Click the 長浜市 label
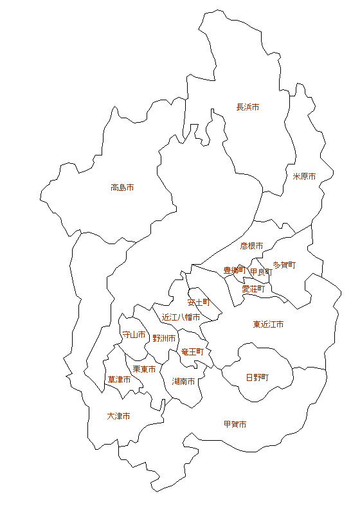[x=248, y=107]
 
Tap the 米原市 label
[x=304, y=176]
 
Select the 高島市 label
[x=122, y=188]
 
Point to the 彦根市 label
[x=251, y=245]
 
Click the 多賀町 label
[x=284, y=264]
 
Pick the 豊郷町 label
[x=235, y=270]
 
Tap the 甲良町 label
[x=261, y=272]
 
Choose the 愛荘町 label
[x=253, y=289]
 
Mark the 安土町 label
[x=199, y=301]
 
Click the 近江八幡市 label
[x=181, y=317]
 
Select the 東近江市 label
[x=268, y=324]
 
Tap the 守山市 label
[x=134, y=335]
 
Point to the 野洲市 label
[x=164, y=338]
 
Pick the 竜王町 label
[x=192, y=352]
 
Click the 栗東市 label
[x=144, y=369]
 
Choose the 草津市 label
[x=119, y=380]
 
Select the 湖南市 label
[x=184, y=381]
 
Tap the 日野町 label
[x=257, y=377]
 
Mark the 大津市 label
[x=118, y=416]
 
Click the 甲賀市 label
[x=235, y=424]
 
